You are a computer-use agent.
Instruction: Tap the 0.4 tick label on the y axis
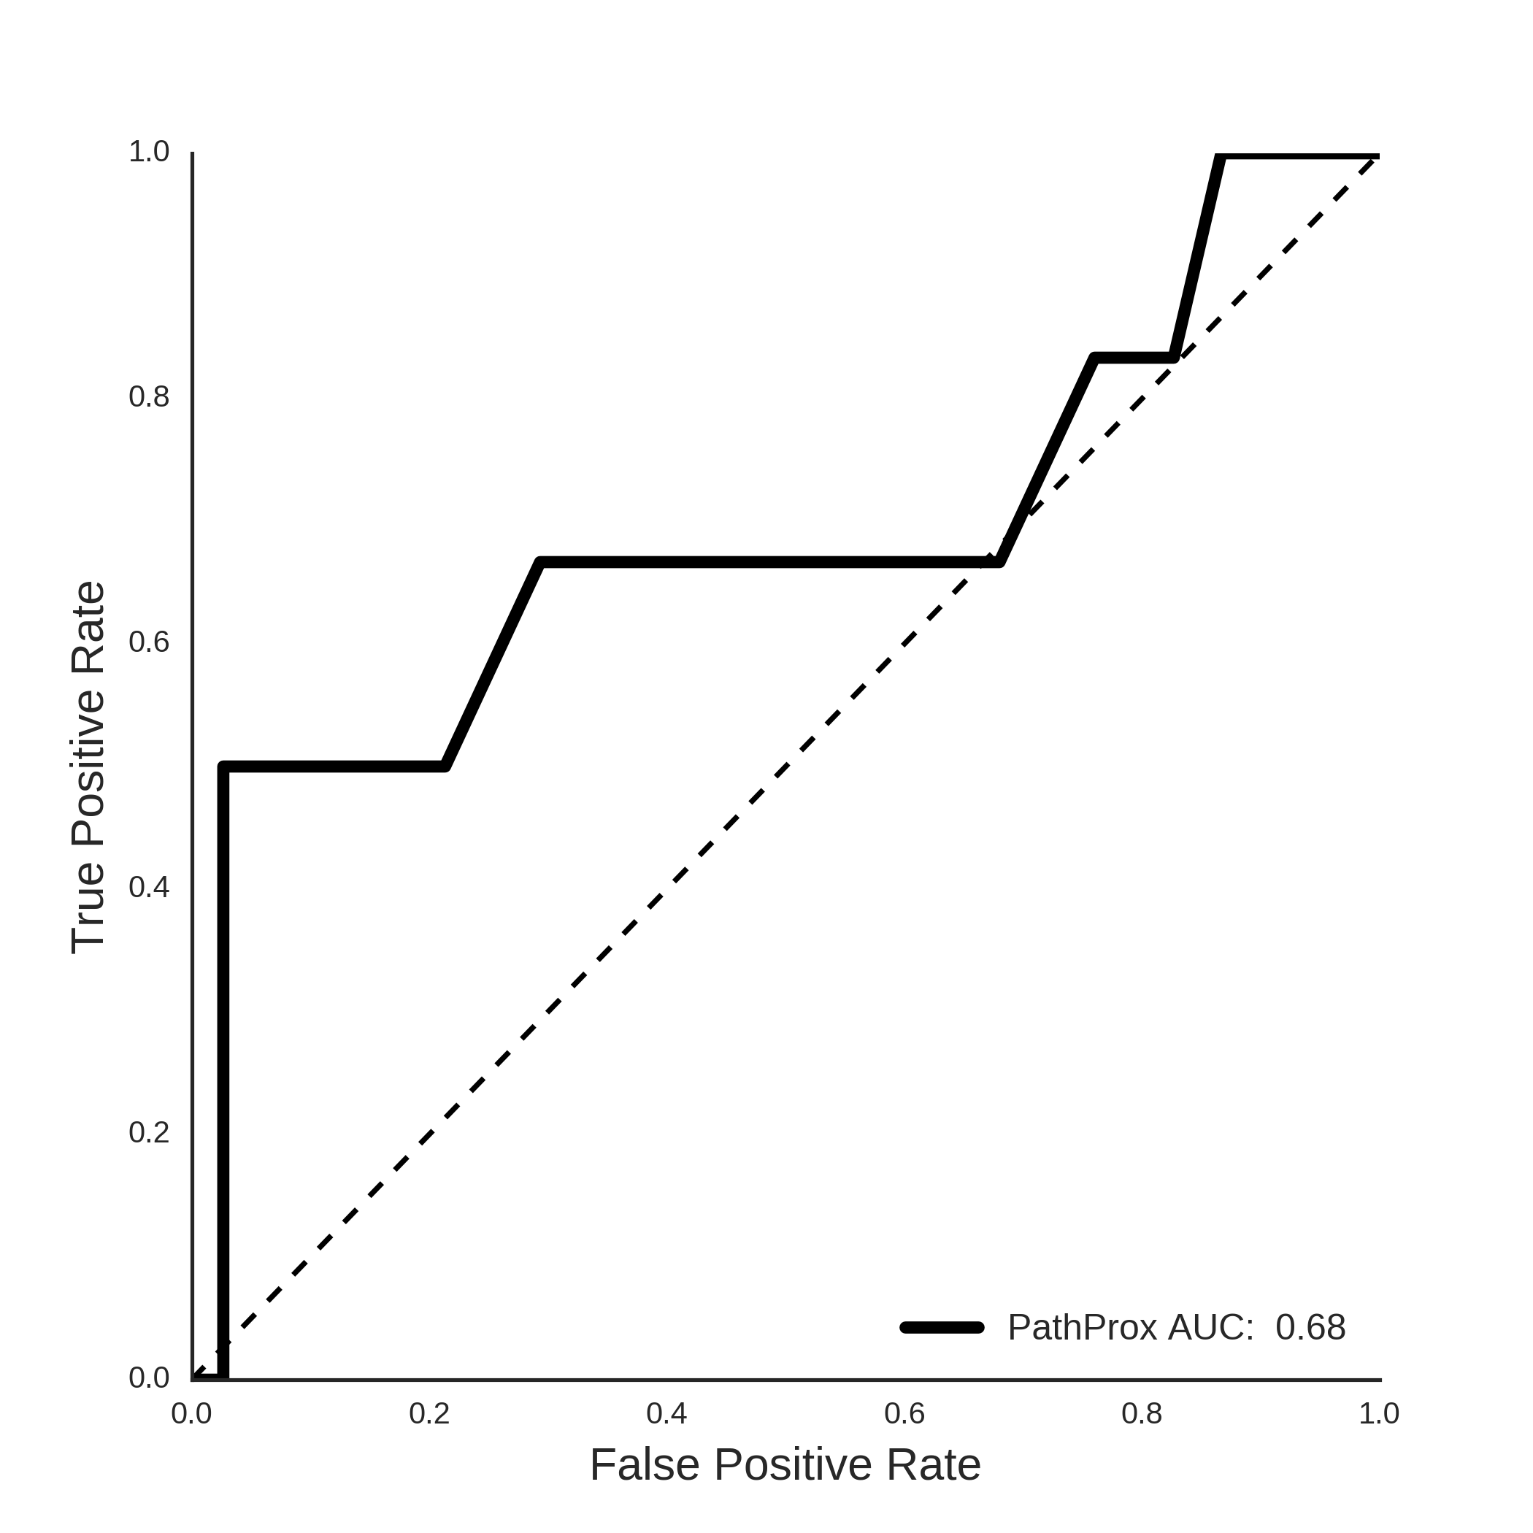pyautogui.click(x=149, y=887)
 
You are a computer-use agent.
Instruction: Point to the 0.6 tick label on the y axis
pyautogui.click(x=149, y=642)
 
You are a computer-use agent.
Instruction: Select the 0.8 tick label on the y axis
pyautogui.click(x=149, y=396)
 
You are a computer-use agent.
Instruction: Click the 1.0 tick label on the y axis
pyautogui.click(x=149, y=152)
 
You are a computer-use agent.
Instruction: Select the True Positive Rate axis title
pyautogui.click(x=88, y=767)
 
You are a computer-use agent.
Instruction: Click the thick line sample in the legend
pyautogui.click(x=942, y=1327)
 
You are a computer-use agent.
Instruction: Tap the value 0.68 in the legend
pyautogui.click(x=1310, y=1327)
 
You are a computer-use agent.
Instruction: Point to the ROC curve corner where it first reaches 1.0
pyautogui.click(x=1221, y=156)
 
